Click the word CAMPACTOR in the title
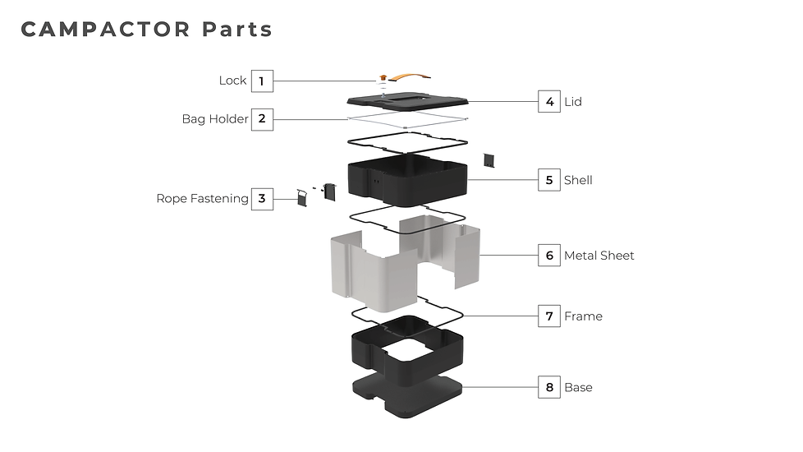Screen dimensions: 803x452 pyautogui.click(x=105, y=30)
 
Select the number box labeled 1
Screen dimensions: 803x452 pyautogui.click(x=262, y=81)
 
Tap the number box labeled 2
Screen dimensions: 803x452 pyautogui.click(x=262, y=119)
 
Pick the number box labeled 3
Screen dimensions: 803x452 pyautogui.click(x=262, y=199)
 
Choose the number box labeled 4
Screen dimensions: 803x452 pyautogui.click(x=549, y=101)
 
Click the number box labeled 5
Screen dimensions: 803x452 pyautogui.click(x=549, y=180)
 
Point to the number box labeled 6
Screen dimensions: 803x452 pyautogui.click(x=549, y=256)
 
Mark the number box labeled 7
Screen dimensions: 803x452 pyautogui.click(x=549, y=316)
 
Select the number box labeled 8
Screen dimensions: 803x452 pyautogui.click(x=549, y=387)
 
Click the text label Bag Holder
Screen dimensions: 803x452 pyautogui.click(x=215, y=119)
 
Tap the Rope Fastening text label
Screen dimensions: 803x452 pyautogui.click(x=202, y=198)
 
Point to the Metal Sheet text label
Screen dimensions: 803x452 pyautogui.click(x=599, y=256)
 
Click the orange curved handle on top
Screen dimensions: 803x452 pyautogui.click(x=410, y=77)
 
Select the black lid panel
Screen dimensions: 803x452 pyautogui.click(x=407, y=100)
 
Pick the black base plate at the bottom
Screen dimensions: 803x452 pyautogui.click(x=407, y=395)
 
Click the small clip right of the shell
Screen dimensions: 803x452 pyautogui.click(x=489, y=160)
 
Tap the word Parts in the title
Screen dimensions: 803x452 pyautogui.click(x=237, y=30)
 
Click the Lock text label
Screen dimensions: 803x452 pyautogui.click(x=232, y=81)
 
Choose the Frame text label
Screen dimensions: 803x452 pyautogui.click(x=583, y=316)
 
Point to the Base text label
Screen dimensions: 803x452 pyautogui.click(x=578, y=387)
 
